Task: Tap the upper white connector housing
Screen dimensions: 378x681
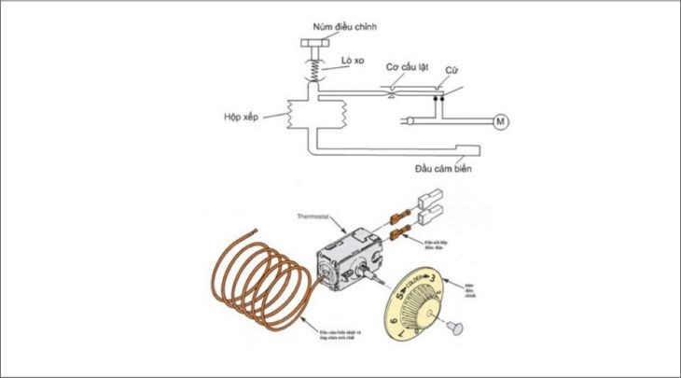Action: (x=435, y=199)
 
